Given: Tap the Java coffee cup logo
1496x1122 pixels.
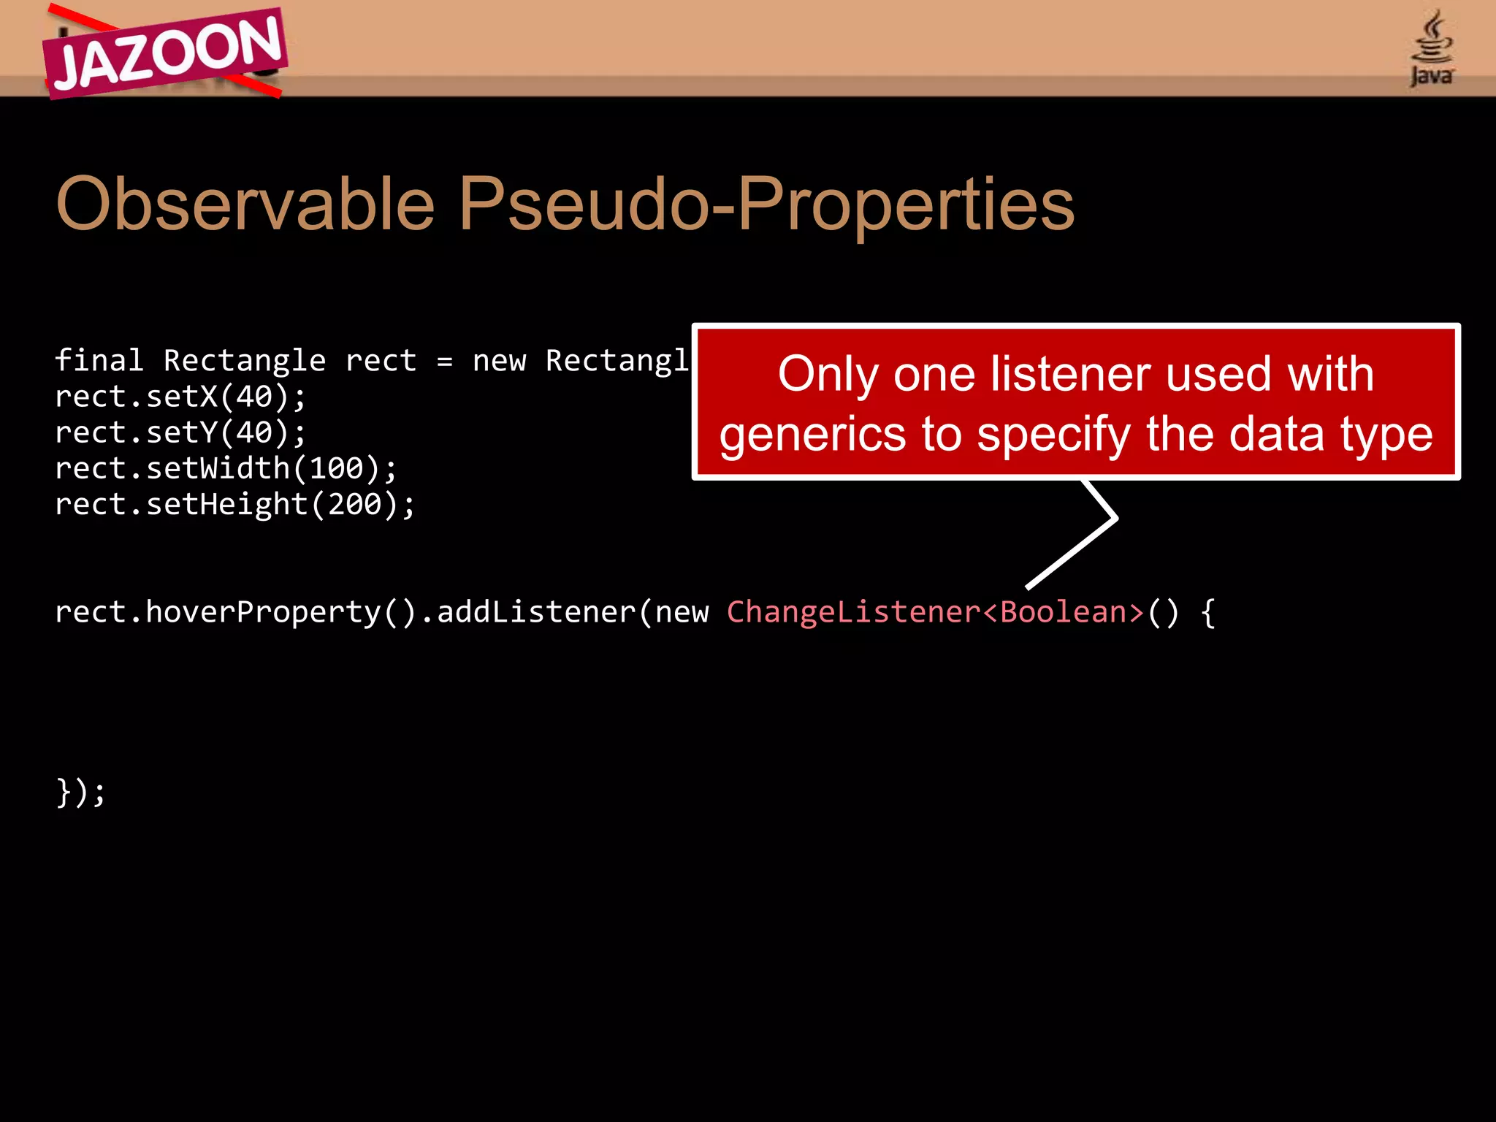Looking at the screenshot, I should pyautogui.click(x=1432, y=48).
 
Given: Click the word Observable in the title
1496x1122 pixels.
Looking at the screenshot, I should pyautogui.click(x=245, y=204).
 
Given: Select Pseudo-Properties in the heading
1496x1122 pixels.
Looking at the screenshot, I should pyautogui.click(x=767, y=204).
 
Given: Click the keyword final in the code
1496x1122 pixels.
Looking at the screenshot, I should pyautogui.click(x=99, y=361).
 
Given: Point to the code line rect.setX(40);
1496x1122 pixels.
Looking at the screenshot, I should pyautogui.click(x=180, y=397).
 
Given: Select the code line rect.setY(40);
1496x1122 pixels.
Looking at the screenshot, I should pyautogui.click(x=180, y=432).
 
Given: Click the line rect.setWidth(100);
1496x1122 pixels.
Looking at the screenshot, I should pyautogui.click(x=226, y=468).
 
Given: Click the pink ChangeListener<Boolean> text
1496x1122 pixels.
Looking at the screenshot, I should pyautogui.click(x=935, y=612).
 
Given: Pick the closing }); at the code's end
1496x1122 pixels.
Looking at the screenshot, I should pyautogui.click(x=80, y=792).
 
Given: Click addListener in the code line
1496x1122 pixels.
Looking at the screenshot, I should pyautogui.click(x=536, y=612).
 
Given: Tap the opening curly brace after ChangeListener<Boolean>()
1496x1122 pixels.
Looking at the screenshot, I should pyautogui.click(x=1207, y=612).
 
